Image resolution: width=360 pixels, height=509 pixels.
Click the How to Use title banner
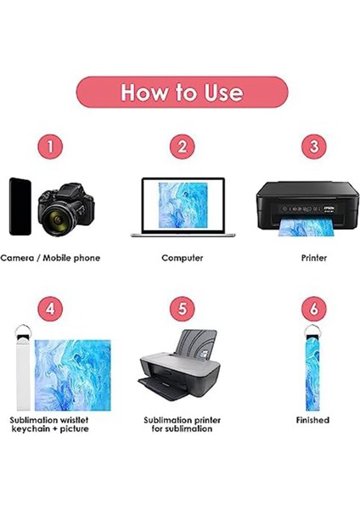[x=182, y=92]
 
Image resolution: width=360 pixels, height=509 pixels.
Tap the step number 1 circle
[x=50, y=146]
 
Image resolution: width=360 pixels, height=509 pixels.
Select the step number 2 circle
[x=182, y=146]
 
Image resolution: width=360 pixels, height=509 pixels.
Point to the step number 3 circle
[x=313, y=146]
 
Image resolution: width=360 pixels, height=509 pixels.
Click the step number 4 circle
[x=50, y=308]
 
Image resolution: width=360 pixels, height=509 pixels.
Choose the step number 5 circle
[x=182, y=308]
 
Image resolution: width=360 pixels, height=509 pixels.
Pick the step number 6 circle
[x=313, y=308]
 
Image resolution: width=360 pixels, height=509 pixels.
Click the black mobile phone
[x=21, y=206]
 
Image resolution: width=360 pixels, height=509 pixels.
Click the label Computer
[x=182, y=257]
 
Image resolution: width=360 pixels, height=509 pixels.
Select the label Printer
[x=313, y=257]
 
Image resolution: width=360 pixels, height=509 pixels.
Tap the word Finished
[x=312, y=420]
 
